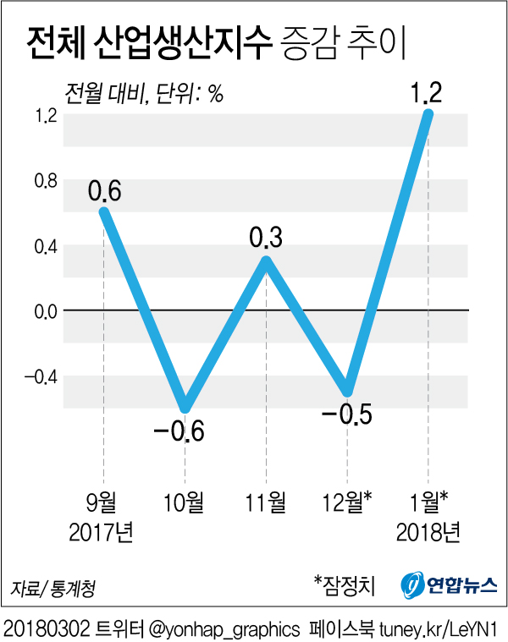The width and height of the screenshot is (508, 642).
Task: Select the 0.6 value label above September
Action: pyautogui.click(x=104, y=191)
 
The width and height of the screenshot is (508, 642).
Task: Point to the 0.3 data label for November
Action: pyautogui.click(x=266, y=237)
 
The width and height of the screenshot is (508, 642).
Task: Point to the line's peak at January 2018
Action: pyautogui.click(x=428, y=114)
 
